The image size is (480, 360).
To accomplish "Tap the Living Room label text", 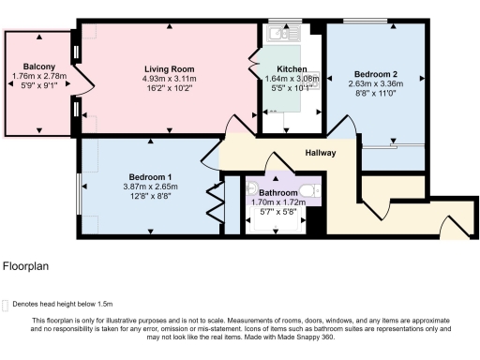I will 170,68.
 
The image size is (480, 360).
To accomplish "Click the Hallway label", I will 320,152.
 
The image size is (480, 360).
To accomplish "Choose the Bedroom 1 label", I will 150,177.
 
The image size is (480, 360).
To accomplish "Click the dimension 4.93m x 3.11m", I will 170,79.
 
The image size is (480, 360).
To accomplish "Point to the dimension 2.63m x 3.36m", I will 375,83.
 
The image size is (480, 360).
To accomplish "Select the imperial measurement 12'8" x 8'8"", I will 150,197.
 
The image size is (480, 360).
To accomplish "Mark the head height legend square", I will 7,304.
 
